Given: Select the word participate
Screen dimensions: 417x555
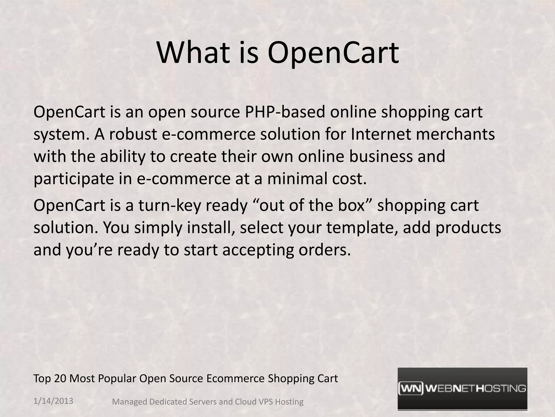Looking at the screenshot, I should pyautogui.click(x=73, y=179).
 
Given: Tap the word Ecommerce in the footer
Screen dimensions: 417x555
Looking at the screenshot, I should pyautogui.click(x=235, y=378).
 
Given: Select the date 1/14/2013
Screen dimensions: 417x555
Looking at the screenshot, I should pyautogui.click(x=53, y=401).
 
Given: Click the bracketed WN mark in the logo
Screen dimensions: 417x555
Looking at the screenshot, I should pyautogui.click(x=411, y=389).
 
